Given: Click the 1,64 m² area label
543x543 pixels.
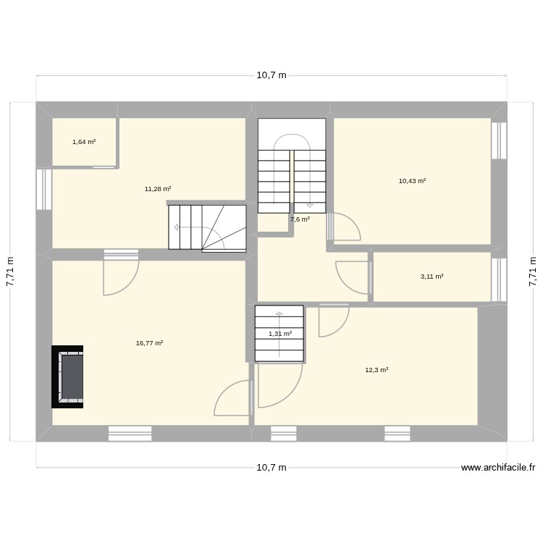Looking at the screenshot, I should point(84,142).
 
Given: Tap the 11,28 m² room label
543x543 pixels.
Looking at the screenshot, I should point(157,189).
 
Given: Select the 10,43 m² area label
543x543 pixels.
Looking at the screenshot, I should point(412,181).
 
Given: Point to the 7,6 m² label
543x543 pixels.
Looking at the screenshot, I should point(300,219).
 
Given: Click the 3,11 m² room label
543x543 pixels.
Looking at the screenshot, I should point(432,276).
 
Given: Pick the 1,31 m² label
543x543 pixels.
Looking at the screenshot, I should point(280,334).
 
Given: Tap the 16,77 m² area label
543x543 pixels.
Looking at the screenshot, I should point(149,343).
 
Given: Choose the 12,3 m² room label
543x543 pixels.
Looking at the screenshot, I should point(376,370).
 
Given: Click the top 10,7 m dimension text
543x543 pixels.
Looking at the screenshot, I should point(271,75).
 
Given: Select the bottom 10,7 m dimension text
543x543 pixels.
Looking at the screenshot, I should point(271,468).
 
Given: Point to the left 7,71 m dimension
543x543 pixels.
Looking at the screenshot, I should point(10,272).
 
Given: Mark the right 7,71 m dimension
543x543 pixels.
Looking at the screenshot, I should point(533,272).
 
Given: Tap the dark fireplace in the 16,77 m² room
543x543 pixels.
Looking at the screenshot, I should point(67,376).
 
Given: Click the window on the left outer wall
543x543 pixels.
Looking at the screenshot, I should point(44,190).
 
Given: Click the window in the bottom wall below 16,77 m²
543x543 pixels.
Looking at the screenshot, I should point(130,433).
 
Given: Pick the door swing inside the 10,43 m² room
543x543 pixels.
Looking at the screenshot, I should point(345,226).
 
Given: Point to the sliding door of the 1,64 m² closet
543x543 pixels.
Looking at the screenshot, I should point(106,167).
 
